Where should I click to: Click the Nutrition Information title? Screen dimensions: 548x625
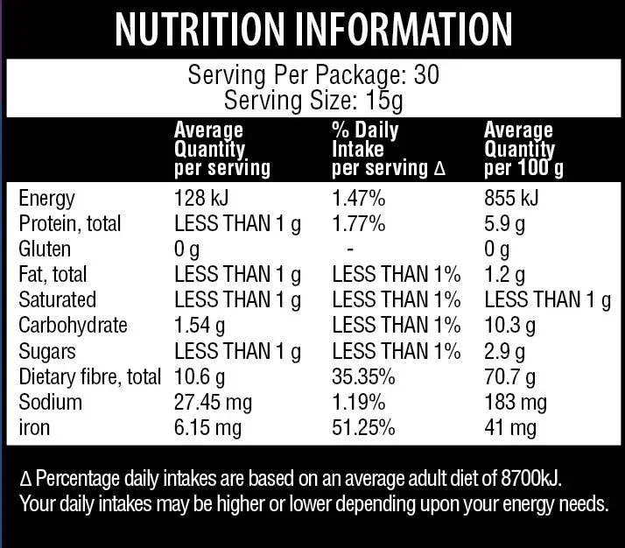312,30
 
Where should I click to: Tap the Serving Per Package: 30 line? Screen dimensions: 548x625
312,75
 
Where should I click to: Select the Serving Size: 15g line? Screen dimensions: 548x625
312,100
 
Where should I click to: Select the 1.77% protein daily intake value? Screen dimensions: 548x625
358,224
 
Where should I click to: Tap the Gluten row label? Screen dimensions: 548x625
43,249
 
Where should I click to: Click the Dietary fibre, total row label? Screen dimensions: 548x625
89,377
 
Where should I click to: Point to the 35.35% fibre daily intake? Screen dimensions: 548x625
363,377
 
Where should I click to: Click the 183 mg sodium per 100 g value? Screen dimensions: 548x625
516,403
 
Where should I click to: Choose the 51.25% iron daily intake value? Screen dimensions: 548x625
363,428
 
